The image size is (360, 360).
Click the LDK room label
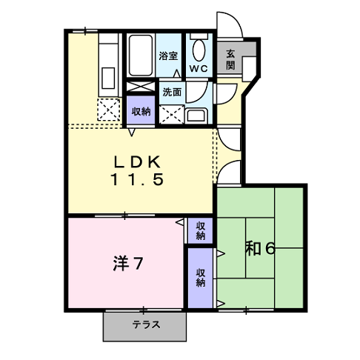136,162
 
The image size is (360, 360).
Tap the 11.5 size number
136,179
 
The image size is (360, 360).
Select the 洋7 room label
127,263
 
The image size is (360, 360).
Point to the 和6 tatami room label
260,248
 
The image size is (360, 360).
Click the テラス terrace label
146,324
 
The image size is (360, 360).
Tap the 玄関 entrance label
230,59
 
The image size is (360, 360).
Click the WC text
199,68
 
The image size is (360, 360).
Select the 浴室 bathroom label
168,56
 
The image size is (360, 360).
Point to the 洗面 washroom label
172,92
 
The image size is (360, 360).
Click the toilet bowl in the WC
199,50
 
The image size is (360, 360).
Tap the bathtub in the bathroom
141,56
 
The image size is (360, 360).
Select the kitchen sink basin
108,78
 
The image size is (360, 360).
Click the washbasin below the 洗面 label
196,116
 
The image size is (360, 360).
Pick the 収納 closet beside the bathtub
141,110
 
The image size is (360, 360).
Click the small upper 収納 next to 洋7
200,231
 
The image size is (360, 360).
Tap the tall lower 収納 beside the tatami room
200,278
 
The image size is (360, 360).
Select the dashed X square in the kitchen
109,110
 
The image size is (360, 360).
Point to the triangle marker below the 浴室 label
177,73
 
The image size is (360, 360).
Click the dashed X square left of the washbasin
172,114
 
